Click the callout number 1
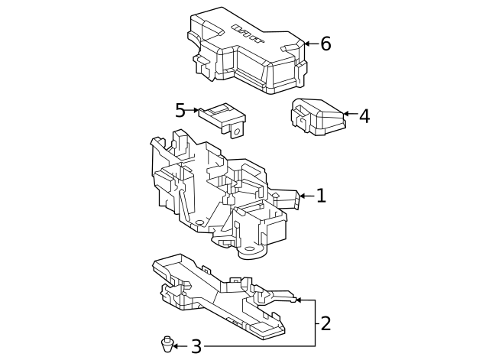(321, 196)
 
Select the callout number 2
(325, 323)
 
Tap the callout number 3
(196, 347)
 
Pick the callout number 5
(180, 110)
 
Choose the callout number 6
(325, 44)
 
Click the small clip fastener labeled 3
(166, 345)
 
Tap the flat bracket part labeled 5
(222, 117)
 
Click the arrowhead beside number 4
(346, 115)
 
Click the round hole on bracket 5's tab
(237, 131)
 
